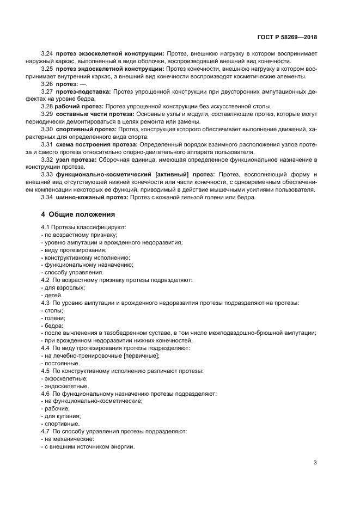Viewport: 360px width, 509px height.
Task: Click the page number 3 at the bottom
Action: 315,463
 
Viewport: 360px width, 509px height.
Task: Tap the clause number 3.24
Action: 47,54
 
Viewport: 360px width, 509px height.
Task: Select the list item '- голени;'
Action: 53,317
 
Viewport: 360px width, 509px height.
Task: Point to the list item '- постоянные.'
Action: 60,363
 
